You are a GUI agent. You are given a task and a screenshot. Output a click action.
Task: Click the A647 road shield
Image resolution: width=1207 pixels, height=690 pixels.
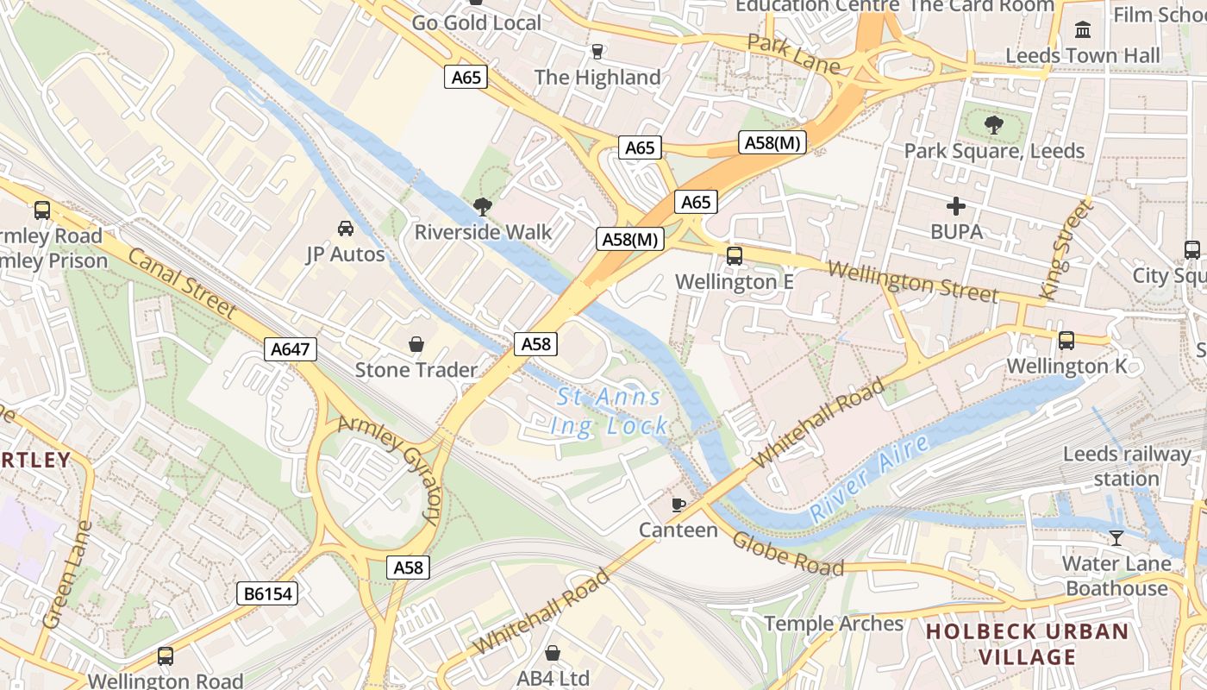coord(291,349)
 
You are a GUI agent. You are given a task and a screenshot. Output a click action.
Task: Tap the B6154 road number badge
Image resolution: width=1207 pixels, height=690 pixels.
coord(267,593)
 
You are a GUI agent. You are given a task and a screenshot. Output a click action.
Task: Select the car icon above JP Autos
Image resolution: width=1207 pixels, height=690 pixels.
coord(346,229)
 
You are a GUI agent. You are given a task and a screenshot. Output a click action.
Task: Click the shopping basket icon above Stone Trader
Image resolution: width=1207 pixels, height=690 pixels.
coord(416,344)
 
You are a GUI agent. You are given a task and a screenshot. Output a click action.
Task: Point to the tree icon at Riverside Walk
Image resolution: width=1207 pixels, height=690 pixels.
coord(483,206)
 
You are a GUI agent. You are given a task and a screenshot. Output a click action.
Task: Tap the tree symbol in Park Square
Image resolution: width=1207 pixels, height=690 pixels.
coord(994,125)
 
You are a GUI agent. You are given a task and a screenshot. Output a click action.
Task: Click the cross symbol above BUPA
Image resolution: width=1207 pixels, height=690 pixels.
coord(956,206)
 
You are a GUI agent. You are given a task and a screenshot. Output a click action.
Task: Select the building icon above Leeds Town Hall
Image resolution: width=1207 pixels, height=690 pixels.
coord(1083,30)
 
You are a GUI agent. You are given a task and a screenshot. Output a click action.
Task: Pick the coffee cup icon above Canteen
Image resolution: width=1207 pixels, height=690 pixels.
coord(679,505)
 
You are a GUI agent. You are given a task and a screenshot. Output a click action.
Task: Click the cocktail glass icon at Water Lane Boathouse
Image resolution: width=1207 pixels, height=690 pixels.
coord(1116,538)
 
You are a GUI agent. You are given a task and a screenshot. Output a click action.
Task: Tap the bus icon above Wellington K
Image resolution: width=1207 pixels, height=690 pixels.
coord(1066,341)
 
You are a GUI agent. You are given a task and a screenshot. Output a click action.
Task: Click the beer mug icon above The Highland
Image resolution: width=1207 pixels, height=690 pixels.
coord(597,52)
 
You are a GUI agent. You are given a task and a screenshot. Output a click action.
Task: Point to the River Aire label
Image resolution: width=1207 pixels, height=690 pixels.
coord(870,480)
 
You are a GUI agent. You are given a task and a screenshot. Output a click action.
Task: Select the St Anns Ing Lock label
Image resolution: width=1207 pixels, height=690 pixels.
coord(609,411)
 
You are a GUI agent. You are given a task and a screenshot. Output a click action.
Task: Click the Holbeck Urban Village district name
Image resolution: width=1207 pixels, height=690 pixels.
coord(1027,644)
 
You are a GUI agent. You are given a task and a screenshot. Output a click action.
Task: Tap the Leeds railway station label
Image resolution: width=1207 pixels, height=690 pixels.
coord(1127,467)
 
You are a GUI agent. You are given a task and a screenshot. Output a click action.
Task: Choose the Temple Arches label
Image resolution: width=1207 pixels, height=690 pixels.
coord(834,624)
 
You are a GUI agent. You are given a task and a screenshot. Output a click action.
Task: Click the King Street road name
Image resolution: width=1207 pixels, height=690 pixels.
coord(1066,250)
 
